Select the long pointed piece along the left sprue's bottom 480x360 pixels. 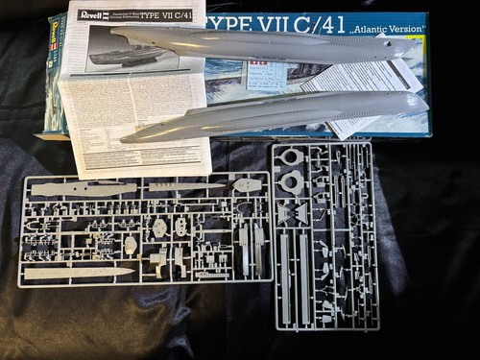click(x=77, y=274)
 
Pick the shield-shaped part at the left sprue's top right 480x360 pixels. click(x=247, y=184)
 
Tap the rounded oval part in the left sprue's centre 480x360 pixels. click(x=160, y=227)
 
